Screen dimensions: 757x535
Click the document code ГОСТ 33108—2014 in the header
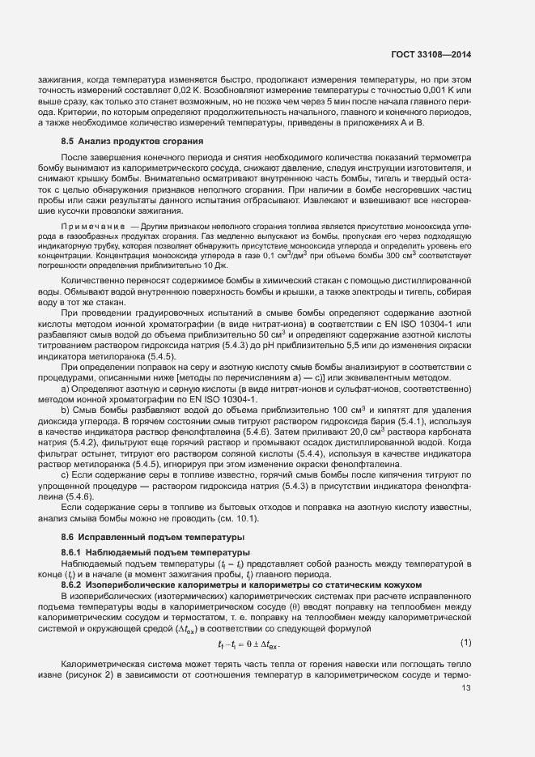[433, 54]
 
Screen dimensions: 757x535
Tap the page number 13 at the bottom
[465, 689]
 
